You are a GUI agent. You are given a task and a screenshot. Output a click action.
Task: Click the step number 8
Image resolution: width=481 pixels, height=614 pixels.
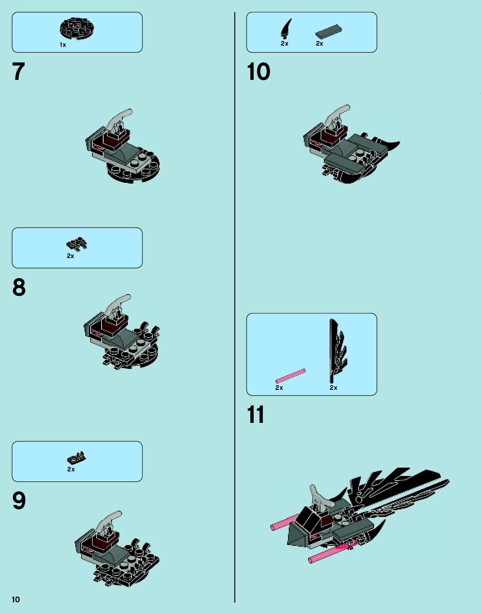pos(19,287)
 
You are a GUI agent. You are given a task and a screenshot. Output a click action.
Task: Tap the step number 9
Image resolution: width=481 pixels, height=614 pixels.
pos(19,501)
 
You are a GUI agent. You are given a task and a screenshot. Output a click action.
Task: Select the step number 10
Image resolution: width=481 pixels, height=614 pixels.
pos(258,72)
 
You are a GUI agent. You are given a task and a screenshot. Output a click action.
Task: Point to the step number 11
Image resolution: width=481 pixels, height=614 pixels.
pos(255,414)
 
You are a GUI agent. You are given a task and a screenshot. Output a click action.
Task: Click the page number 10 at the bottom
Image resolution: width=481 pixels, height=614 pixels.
pos(15,599)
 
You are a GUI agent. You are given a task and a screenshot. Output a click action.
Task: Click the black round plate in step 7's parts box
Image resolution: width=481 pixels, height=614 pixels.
pos(78,28)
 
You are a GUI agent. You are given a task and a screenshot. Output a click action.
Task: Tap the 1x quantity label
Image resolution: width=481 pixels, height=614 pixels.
pos(63,45)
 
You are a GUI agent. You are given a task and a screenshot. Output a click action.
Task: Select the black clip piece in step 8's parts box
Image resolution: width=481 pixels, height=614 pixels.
pos(77,243)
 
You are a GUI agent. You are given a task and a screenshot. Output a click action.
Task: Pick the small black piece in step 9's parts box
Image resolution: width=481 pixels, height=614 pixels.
pos(76,458)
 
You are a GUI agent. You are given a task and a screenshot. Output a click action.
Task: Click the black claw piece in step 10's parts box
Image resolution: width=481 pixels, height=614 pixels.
pos(286,29)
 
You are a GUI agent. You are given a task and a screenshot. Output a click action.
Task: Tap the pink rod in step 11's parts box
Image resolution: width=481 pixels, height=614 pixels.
pos(290,376)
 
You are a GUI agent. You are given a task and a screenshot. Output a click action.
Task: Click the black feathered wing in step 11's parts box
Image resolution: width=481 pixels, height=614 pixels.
pos(336,351)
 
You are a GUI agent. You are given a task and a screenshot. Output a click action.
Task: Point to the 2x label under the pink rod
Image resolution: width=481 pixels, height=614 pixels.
pos(279,388)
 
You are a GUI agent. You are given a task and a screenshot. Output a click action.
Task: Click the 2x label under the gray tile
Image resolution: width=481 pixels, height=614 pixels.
pos(319,43)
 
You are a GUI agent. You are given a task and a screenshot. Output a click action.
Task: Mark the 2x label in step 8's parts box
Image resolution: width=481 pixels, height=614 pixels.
pos(70,256)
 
